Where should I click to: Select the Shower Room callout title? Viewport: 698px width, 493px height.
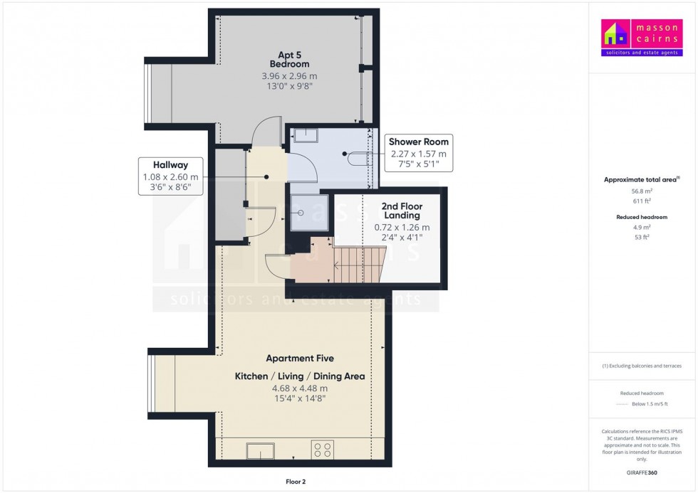point(418,142)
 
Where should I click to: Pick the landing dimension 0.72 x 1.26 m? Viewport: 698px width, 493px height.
point(402,227)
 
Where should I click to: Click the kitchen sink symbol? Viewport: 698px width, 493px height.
point(261,450)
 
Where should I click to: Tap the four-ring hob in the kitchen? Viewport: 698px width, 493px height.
point(322,450)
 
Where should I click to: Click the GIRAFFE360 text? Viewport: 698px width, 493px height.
point(642,472)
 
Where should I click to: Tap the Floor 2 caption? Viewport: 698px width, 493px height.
point(294,482)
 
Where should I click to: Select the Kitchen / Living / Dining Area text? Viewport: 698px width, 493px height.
point(300,376)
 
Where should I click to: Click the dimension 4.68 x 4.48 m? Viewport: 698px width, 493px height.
point(300,388)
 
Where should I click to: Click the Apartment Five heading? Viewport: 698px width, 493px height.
point(300,359)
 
